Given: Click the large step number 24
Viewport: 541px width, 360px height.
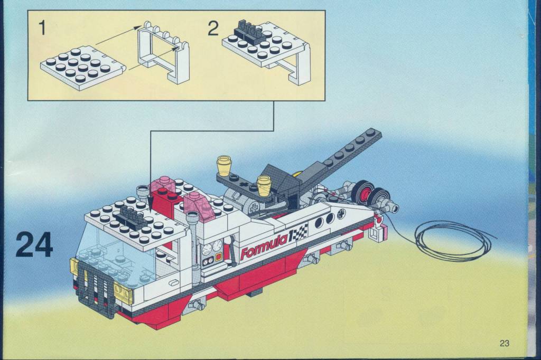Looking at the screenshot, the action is (x=34, y=244).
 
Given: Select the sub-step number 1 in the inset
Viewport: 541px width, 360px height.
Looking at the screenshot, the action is (x=42, y=28).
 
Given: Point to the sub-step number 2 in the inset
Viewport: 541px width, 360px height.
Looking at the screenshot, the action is (x=213, y=28).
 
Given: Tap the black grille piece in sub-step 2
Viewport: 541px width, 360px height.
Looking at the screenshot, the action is (x=250, y=30).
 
